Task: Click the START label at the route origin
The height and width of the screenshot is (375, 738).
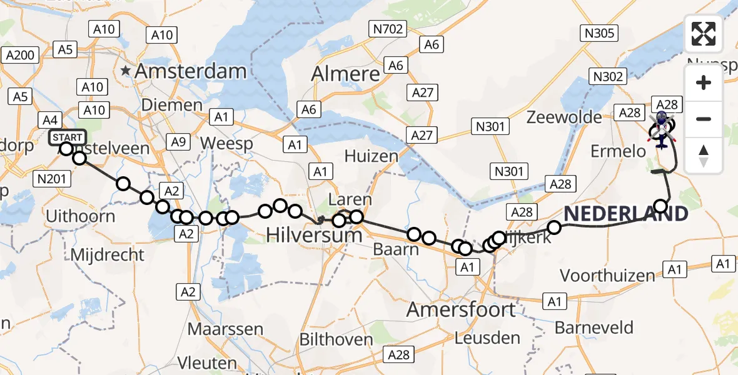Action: click(x=66, y=137)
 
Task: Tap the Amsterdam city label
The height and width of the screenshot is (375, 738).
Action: click(x=191, y=71)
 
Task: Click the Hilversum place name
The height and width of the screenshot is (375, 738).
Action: click(x=314, y=236)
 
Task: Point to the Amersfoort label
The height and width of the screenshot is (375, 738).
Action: click(x=462, y=309)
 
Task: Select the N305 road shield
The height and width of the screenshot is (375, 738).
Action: click(x=599, y=34)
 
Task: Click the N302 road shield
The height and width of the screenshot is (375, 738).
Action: click(x=608, y=76)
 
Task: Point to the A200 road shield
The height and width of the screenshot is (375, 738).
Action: click(x=21, y=55)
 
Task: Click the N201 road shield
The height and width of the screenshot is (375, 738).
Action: click(x=51, y=179)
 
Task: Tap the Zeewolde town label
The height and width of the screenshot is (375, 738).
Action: click(x=565, y=117)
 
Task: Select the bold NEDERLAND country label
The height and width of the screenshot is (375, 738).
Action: click(x=626, y=214)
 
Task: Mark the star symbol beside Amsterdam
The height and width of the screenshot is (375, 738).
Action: click(x=127, y=71)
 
